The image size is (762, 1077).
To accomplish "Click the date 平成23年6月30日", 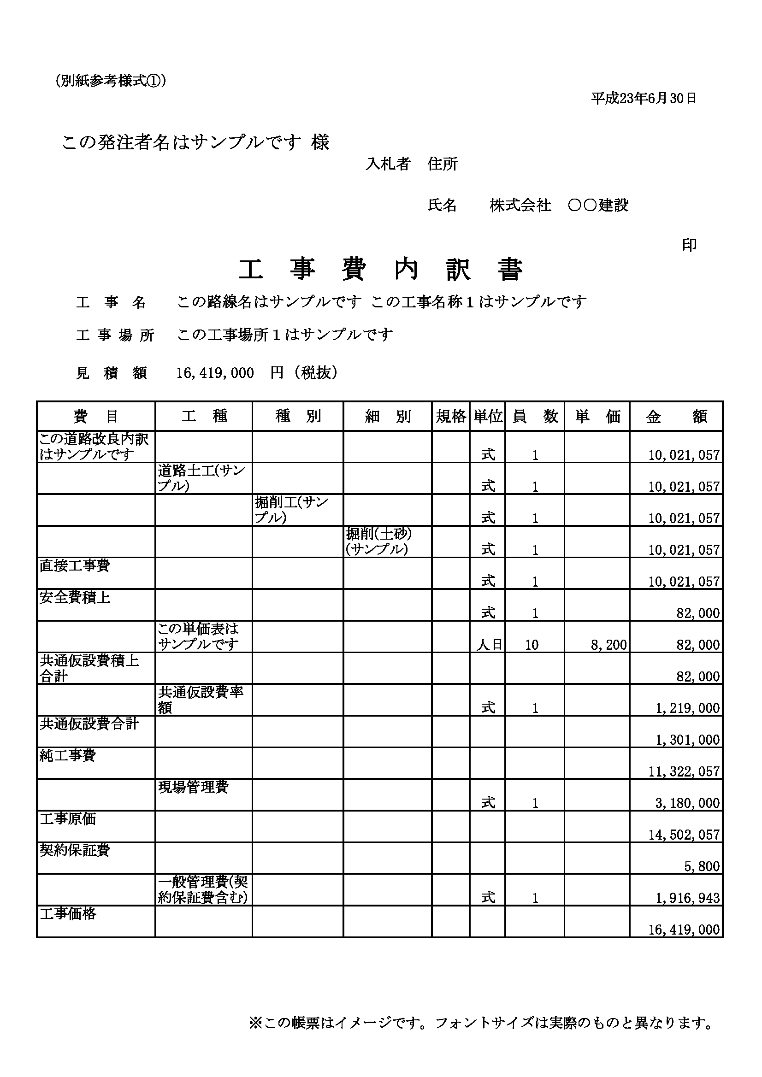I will click(x=643, y=99).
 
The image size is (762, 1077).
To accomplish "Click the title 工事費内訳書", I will click(x=380, y=270).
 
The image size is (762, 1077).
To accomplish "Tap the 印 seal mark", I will click(x=689, y=245).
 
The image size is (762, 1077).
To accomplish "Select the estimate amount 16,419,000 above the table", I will click(x=215, y=373).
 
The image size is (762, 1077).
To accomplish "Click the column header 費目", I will click(x=96, y=416).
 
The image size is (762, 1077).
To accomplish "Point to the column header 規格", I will click(x=450, y=416).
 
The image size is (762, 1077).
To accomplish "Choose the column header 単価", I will click(x=597, y=416).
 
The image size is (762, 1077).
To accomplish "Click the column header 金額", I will click(x=676, y=416).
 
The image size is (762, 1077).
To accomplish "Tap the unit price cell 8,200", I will click(x=608, y=645).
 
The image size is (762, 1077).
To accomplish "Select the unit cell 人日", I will click(x=489, y=645).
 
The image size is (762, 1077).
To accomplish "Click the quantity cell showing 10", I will click(x=532, y=645).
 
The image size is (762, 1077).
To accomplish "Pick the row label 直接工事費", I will click(x=75, y=566).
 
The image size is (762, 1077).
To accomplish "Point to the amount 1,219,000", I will click(x=687, y=708).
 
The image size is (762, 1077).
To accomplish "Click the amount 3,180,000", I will click(x=687, y=803).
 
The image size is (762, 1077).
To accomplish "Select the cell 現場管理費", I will click(x=193, y=788).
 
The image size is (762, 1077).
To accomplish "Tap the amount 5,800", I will click(x=702, y=866).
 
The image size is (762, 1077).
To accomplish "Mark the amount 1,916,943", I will click(x=687, y=898).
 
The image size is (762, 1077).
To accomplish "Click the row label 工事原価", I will click(x=68, y=819).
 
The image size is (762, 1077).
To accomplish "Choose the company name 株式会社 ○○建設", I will click(x=558, y=206).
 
